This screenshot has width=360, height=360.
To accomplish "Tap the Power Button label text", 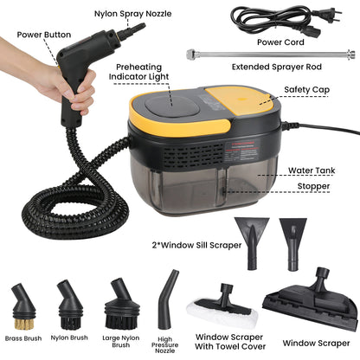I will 44,36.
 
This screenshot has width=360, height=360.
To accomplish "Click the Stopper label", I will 310,186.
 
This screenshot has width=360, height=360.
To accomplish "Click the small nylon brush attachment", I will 69,298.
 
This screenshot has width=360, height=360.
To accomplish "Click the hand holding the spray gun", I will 74,87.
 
